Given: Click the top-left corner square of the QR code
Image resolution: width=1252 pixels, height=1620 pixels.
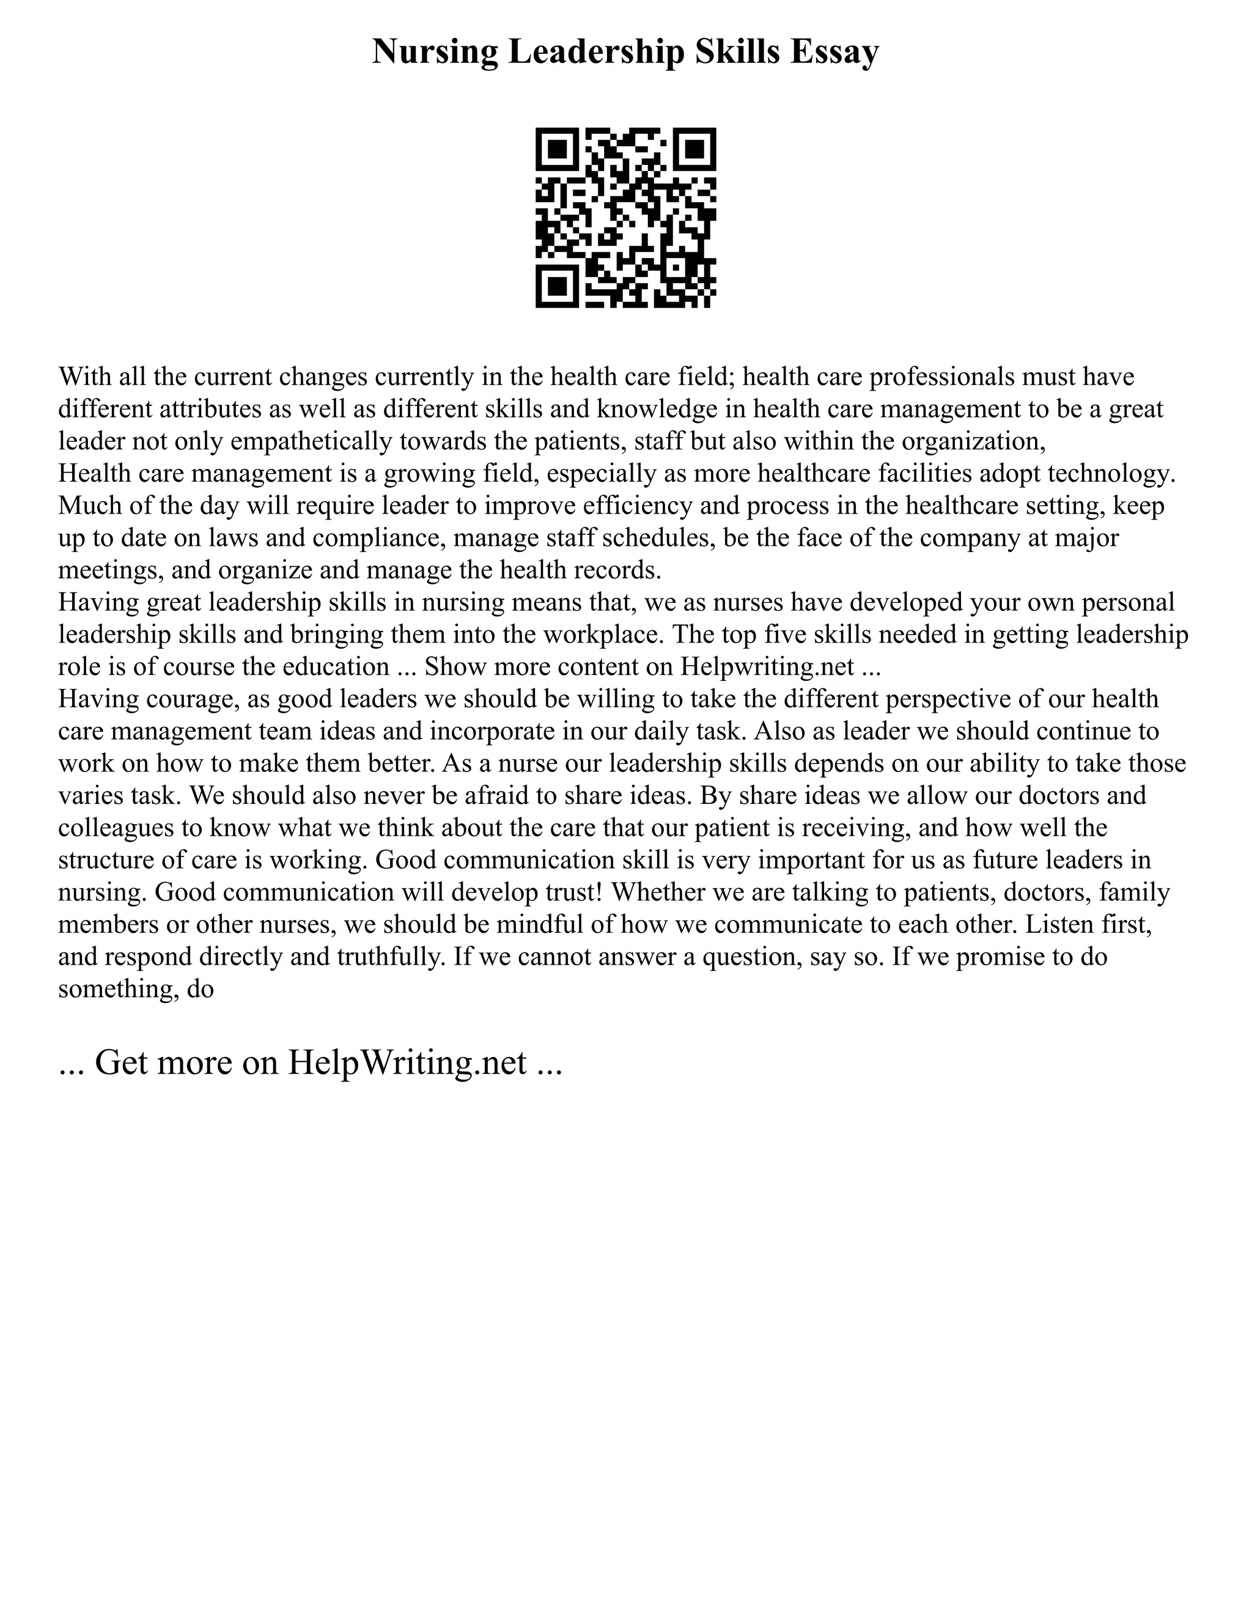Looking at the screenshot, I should [558, 150].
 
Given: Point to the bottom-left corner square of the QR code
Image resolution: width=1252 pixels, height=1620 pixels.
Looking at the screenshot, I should [558, 285].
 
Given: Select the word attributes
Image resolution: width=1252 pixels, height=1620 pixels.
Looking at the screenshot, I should [209, 410].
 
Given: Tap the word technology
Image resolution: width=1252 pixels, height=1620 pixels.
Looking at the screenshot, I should [1115, 473].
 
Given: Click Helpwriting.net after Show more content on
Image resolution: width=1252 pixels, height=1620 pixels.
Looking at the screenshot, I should [767, 667].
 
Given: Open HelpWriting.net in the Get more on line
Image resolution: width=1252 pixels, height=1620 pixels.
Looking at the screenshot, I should [407, 1062].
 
